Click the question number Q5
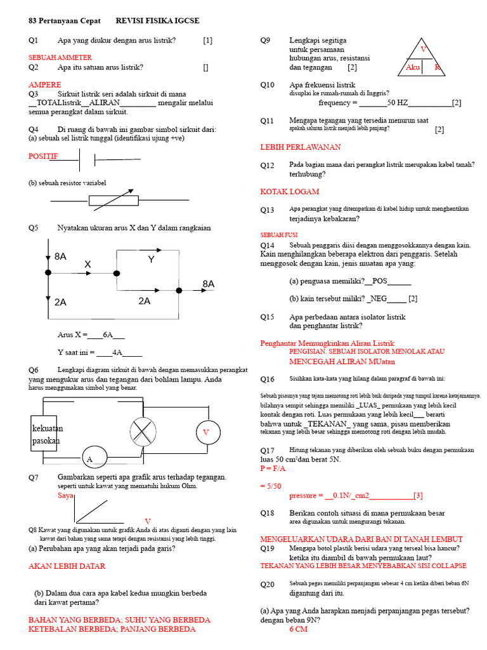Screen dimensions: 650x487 tap(34, 228)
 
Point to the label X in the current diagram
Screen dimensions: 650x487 tap(88, 264)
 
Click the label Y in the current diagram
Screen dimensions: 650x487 tap(152, 260)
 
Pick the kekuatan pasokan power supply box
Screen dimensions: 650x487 tap(46, 434)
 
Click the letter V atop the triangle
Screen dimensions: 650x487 tap(424, 49)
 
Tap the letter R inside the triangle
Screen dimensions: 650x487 tap(437, 67)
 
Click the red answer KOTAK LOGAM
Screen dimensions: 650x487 tap(290, 192)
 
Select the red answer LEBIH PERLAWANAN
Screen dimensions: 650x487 tap(301, 147)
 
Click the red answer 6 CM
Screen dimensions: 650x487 tap(298, 630)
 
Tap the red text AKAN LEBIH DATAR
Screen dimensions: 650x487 tap(67, 566)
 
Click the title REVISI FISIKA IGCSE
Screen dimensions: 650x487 tap(158, 21)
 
